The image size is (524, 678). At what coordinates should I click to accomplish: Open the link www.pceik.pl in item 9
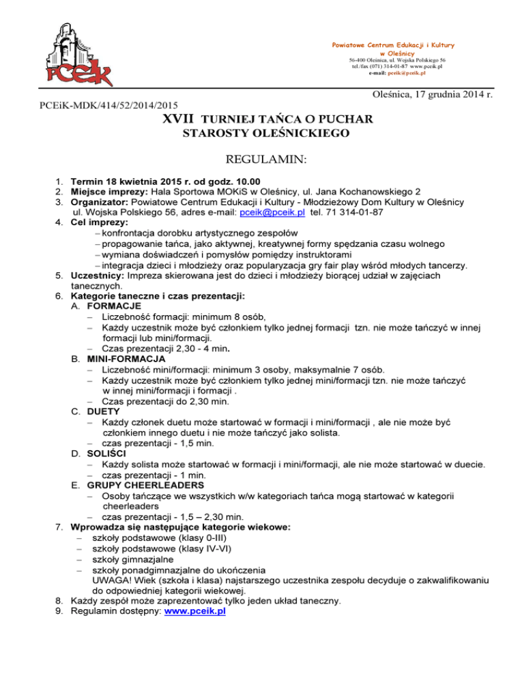(x=195, y=611)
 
